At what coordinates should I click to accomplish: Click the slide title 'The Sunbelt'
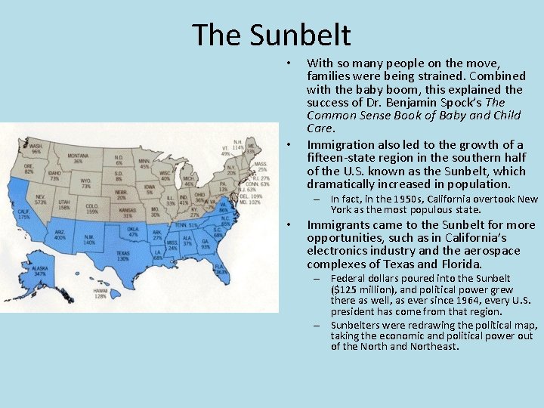pyautogui.click(x=271, y=35)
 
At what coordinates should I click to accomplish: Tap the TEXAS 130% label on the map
pyautogui.click(x=123, y=255)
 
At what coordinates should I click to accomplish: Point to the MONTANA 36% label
pyautogui.click(x=79, y=158)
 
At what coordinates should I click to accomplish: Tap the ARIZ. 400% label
pyautogui.click(x=60, y=235)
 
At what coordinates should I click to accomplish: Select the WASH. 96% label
pyautogui.click(x=36, y=148)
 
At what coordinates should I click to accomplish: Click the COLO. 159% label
pyautogui.click(x=91, y=208)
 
